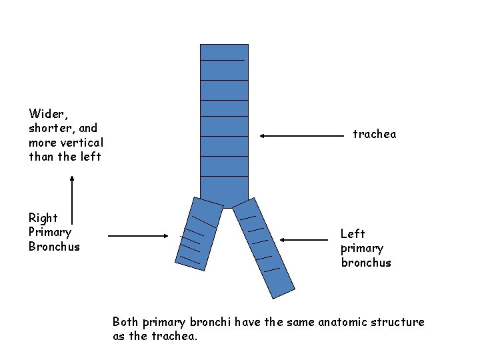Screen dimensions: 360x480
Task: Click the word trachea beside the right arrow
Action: pos(374,135)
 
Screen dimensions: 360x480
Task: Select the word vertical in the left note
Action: pos(83,143)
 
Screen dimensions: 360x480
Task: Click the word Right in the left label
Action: pos(43,218)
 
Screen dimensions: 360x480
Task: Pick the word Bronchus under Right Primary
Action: pos(54,247)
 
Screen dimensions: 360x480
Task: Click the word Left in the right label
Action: pos(353,233)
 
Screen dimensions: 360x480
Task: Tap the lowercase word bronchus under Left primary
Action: pos(366,263)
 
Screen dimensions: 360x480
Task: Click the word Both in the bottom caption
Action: pos(125,322)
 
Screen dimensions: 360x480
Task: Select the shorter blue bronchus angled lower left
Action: pos(197,233)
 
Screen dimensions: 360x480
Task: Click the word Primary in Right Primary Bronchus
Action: pos(50,232)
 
